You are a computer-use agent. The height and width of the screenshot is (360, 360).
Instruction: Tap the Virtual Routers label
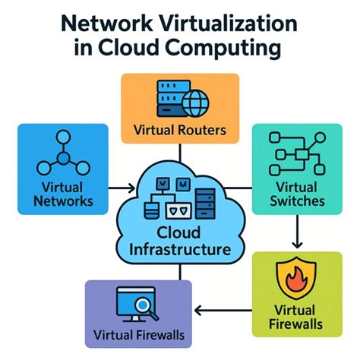coord(179,130)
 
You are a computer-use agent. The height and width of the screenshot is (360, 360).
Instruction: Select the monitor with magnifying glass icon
coord(131,305)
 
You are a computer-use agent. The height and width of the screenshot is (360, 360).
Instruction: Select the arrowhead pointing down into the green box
coord(297,244)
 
